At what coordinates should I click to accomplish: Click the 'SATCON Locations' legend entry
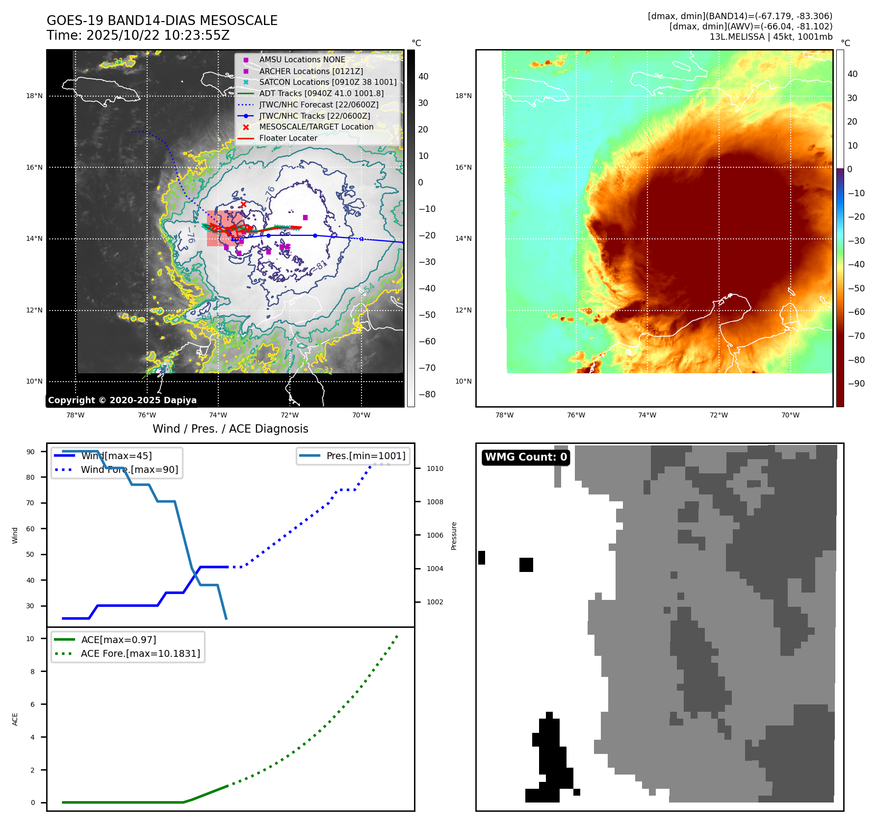pos(328,82)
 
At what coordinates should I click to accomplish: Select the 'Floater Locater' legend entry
pos(288,138)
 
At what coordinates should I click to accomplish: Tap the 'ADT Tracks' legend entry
pos(321,93)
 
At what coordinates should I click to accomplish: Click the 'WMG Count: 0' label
pos(526,457)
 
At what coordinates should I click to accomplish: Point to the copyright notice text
pos(122,400)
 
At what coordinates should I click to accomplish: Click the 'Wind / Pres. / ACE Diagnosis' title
pos(231,429)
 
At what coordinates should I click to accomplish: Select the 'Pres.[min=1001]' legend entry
pos(366,456)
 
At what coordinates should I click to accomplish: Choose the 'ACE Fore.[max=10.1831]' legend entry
pos(140,653)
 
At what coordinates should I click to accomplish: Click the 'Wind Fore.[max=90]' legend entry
pos(129,469)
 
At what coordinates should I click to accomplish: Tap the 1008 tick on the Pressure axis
pos(435,502)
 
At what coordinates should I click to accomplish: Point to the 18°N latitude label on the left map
pos(34,96)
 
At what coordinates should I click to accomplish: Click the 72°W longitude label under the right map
pos(719,415)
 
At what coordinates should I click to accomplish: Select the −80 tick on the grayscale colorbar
pos(427,394)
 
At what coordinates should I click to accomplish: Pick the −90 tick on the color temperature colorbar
pos(856,384)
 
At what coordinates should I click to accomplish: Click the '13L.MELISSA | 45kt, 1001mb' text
pos(771,37)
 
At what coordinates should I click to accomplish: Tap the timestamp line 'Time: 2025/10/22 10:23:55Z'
pos(138,35)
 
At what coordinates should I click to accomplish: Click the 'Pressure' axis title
pos(454,536)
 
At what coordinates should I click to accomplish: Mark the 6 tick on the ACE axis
pos(33,704)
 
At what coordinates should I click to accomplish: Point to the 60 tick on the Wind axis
pos(30,529)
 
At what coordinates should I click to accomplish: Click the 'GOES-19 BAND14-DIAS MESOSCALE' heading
pos(162,21)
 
